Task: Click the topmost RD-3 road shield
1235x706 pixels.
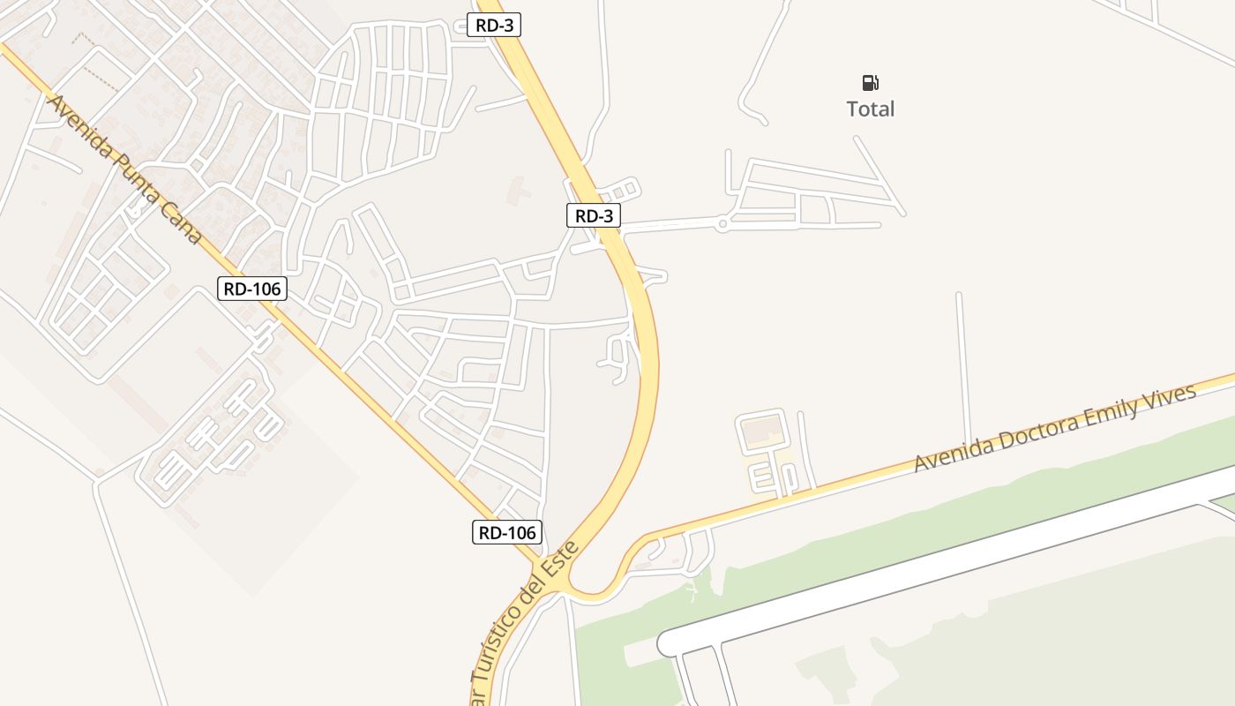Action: click(494, 26)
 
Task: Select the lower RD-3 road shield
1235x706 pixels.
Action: click(594, 215)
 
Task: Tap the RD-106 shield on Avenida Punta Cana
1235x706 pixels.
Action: click(252, 288)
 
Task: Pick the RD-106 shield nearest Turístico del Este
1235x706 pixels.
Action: click(506, 532)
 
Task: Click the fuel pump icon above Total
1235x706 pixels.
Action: click(871, 83)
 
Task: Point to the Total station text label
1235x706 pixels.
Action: click(871, 109)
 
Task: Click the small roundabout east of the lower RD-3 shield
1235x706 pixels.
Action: click(722, 225)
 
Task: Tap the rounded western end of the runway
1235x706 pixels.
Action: click(670, 642)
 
